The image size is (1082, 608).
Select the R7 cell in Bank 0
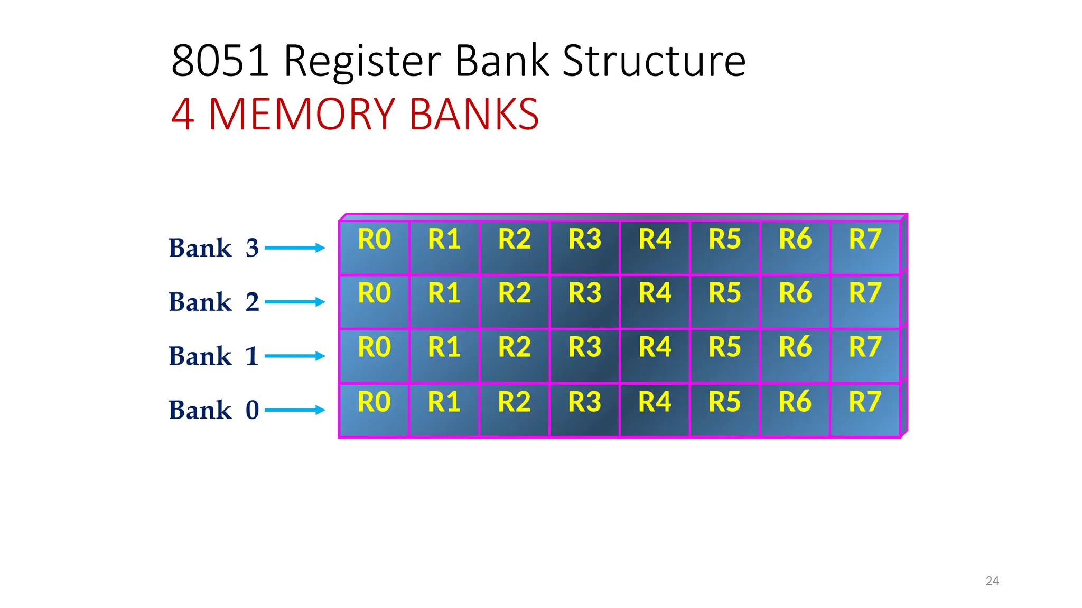(x=865, y=410)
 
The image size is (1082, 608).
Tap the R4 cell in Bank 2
(x=655, y=301)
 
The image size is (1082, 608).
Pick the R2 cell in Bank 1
(x=514, y=355)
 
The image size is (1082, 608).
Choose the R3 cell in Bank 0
(x=584, y=410)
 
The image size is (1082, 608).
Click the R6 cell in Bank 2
(x=795, y=301)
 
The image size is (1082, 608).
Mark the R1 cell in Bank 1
(x=444, y=355)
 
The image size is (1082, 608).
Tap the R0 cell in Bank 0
(x=374, y=410)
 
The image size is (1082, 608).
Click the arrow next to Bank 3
(x=295, y=248)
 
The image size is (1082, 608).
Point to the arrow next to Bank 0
(x=295, y=410)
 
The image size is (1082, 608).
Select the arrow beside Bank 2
(x=295, y=302)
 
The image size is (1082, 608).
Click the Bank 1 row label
(x=213, y=356)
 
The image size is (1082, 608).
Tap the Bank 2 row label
(x=213, y=302)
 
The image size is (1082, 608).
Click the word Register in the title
(x=362, y=61)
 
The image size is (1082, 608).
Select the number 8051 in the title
(x=220, y=61)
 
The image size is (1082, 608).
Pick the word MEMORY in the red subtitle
(x=302, y=114)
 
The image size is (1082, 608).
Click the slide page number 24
(x=992, y=581)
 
